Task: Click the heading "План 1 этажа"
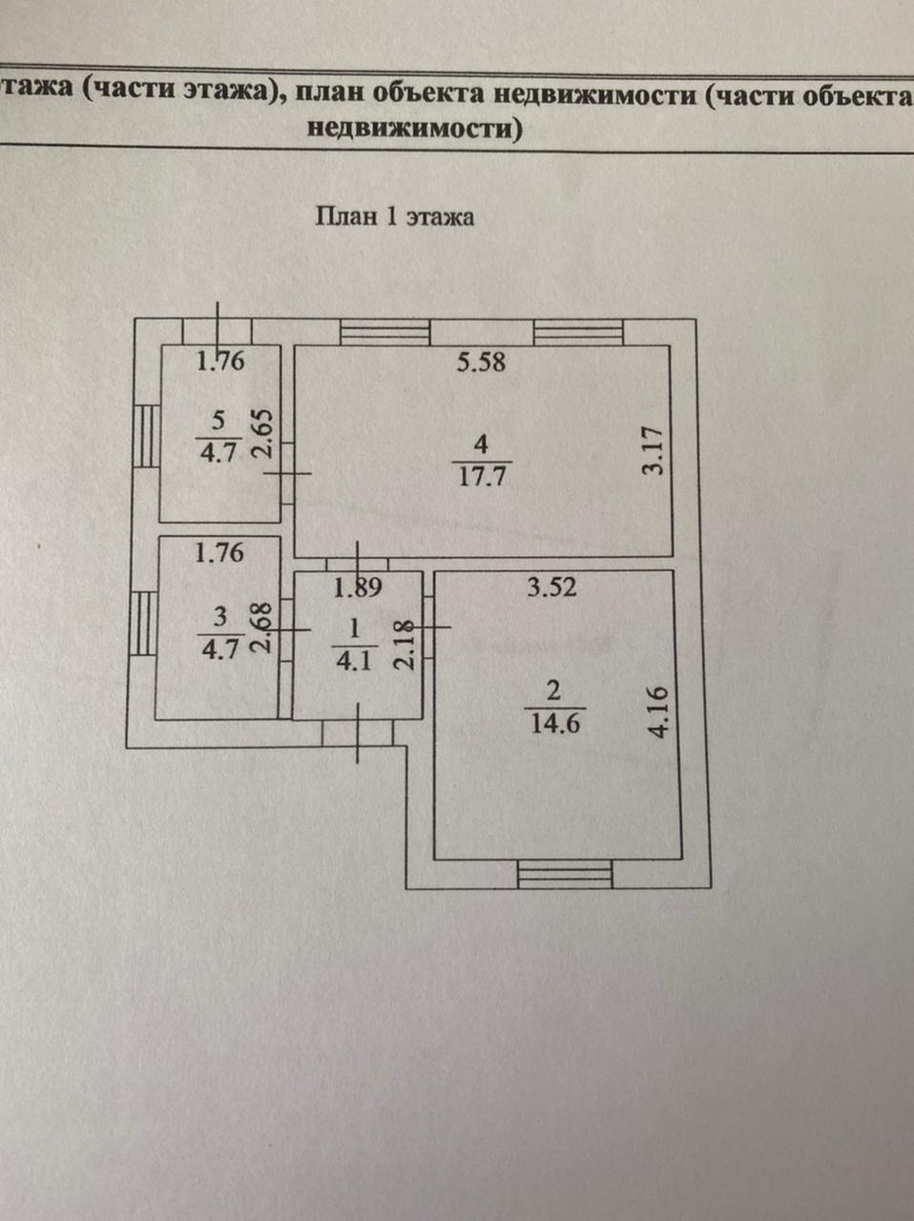click(394, 217)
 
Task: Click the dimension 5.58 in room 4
click(480, 362)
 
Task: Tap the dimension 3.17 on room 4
click(653, 452)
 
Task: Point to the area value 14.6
click(555, 722)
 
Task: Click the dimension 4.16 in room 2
click(658, 712)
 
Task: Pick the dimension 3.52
click(552, 587)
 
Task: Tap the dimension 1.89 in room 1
click(357, 588)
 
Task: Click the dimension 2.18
click(405, 645)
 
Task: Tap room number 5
click(218, 419)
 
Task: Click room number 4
click(480, 444)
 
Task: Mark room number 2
click(554, 690)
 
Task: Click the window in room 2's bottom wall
click(565, 874)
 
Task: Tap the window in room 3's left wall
click(144, 623)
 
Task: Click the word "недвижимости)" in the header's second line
click(415, 129)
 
